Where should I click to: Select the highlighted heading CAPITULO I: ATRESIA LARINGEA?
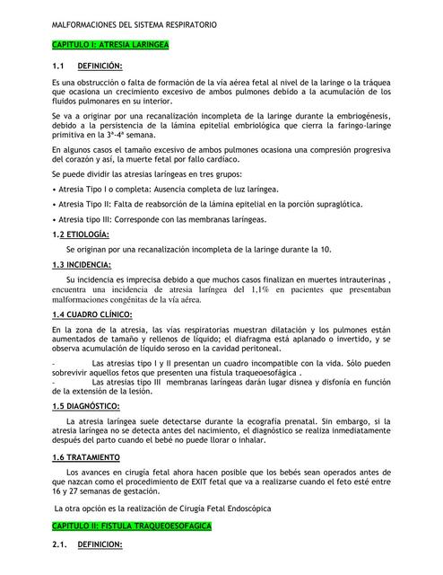point(110,44)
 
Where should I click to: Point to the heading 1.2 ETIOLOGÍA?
point(81,234)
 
